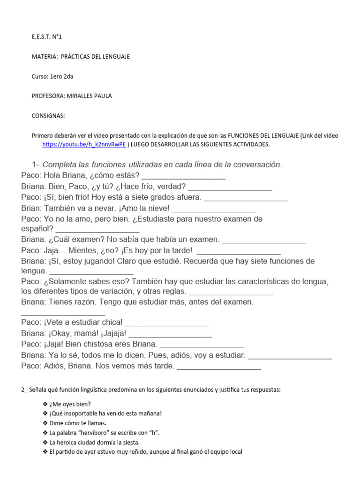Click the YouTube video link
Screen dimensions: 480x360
(x=84, y=144)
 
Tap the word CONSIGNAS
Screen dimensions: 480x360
(x=48, y=115)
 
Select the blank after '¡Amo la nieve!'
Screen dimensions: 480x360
(x=214, y=208)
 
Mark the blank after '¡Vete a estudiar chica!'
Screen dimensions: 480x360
(x=167, y=323)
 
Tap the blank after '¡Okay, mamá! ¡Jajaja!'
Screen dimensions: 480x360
(x=170, y=334)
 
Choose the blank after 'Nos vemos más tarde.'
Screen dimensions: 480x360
(x=218, y=366)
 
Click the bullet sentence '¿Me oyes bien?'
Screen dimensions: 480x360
(x=70, y=404)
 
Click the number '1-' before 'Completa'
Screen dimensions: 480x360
(x=36, y=165)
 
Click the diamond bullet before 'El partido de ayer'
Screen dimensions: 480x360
(x=45, y=452)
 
